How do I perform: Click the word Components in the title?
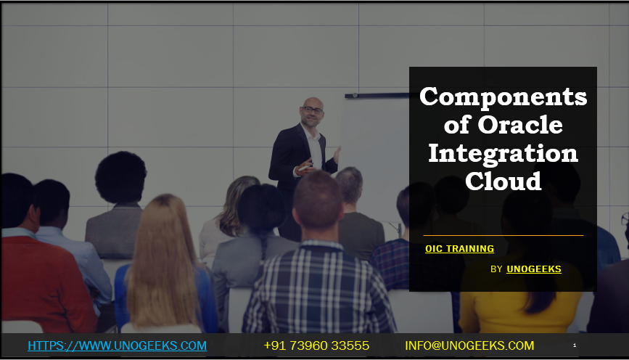click(503, 97)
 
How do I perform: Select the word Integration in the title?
click(503, 153)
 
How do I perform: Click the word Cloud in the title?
click(503, 181)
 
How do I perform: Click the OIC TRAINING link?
click(459, 249)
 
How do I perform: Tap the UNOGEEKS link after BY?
click(533, 269)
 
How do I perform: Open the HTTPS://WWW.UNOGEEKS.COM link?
click(117, 345)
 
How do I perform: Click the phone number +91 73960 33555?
click(316, 345)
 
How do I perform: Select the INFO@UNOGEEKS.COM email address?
click(469, 345)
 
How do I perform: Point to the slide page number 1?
click(575, 345)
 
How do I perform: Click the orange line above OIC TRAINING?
click(503, 235)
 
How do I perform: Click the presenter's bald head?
click(312, 103)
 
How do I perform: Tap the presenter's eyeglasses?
click(313, 110)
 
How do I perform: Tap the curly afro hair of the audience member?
click(120, 177)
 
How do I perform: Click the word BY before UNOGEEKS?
click(496, 269)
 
